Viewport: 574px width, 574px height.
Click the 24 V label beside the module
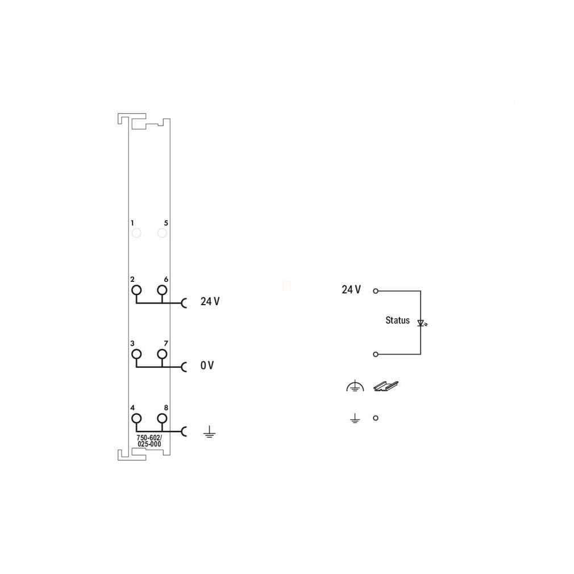pyautogui.click(x=210, y=301)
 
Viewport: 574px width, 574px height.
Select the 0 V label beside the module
pyautogui.click(x=207, y=365)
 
